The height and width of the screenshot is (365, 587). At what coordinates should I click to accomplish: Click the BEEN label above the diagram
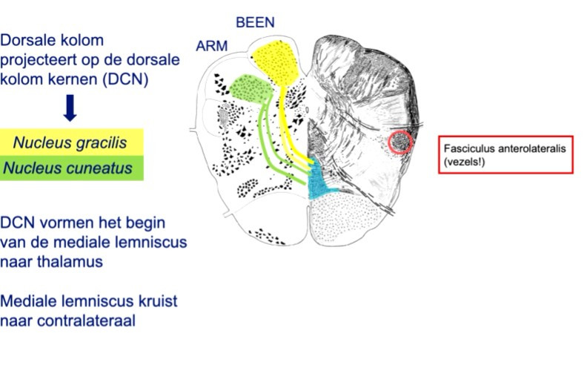(x=255, y=22)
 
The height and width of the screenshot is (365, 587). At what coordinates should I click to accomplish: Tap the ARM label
(x=211, y=46)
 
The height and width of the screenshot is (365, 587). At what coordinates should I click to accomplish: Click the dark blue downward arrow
(x=70, y=108)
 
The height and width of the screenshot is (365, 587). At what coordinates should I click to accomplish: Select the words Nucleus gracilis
(x=70, y=142)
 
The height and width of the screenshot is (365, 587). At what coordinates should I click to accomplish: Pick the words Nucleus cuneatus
(x=67, y=168)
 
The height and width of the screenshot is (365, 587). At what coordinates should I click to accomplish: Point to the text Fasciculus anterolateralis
(x=505, y=149)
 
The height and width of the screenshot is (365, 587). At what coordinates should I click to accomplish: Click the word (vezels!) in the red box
(x=464, y=162)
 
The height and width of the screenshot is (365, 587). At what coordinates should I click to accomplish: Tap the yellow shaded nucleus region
(x=277, y=62)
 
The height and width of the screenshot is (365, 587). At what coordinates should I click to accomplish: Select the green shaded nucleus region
(x=251, y=89)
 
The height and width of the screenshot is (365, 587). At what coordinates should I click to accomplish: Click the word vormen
(x=65, y=223)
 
